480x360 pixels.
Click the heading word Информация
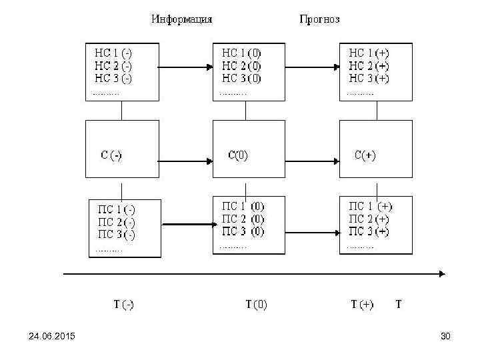pos(182,19)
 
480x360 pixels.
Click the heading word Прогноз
pos(319,19)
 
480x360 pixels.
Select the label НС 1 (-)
pos(113,53)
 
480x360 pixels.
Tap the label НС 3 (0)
pos(241,79)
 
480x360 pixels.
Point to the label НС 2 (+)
pos(369,66)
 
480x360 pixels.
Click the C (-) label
pos(111,156)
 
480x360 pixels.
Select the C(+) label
pos(365,156)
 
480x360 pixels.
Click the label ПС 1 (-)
pos(117,209)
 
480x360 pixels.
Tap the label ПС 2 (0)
pos(243,219)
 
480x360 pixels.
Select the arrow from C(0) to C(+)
pos(312,161)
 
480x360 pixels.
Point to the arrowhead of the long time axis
pos(441,273)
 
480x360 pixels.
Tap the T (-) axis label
pos(123,305)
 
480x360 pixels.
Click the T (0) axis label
pos(256,305)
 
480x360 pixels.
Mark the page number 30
pos(445,336)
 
